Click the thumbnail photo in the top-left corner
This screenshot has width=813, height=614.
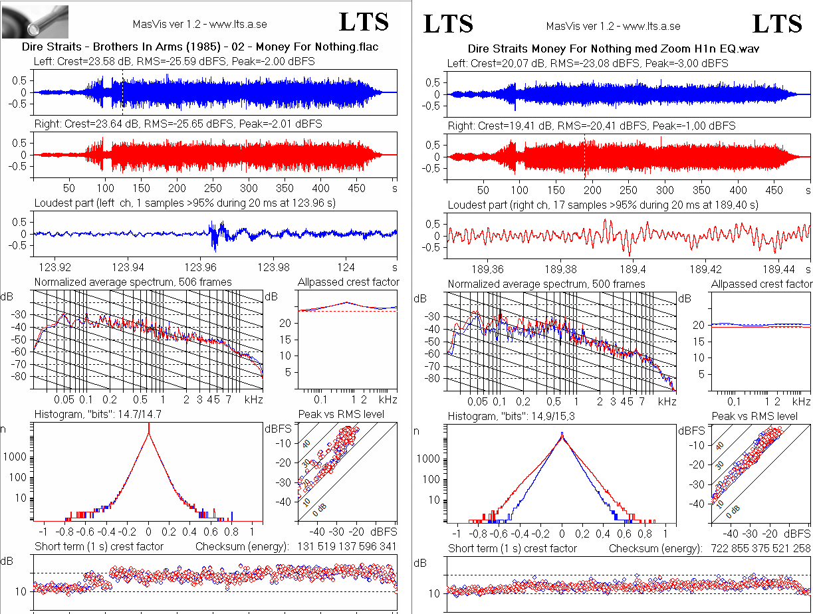35,21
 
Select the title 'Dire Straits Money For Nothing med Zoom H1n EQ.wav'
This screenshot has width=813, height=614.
613,49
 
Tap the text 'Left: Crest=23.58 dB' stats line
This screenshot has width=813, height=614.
174,61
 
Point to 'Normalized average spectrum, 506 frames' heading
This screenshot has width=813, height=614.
133,282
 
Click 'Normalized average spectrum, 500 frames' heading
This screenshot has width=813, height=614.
546,284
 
